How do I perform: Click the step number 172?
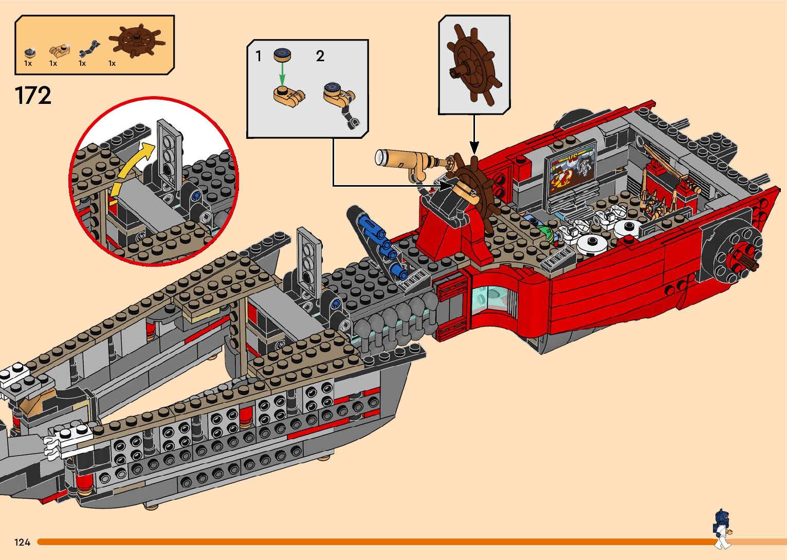(33, 96)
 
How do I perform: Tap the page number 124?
(22, 542)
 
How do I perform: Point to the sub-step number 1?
(259, 56)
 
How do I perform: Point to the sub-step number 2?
(320, 56)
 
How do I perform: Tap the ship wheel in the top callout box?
(472, 66)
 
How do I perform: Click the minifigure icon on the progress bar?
(722, 529)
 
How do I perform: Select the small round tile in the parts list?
(29, 52)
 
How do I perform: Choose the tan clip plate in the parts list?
(58, 51)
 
